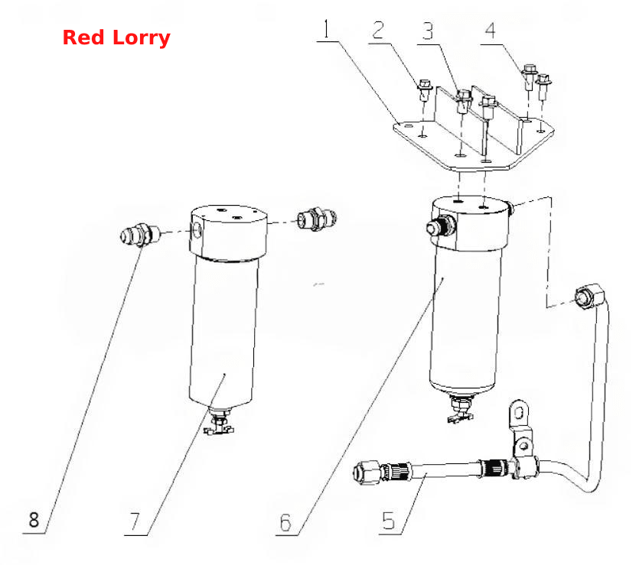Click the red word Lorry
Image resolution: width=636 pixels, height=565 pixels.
(x=141, y=38)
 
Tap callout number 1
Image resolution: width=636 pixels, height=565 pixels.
(x=327, y=28)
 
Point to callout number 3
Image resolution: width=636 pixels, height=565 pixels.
(x=428, y=31)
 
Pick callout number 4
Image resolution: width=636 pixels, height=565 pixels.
(x=491, y=31)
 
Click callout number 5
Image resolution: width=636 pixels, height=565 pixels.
(x=388, y=521)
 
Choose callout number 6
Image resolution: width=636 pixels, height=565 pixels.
(x=285, y=522)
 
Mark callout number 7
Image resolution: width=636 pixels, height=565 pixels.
(x=135, y=521)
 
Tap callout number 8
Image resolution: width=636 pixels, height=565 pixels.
(x=34, y=520)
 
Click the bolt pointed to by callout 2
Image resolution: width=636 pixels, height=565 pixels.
(x=425, y=90)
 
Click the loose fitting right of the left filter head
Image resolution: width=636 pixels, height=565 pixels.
(x=317, y=219)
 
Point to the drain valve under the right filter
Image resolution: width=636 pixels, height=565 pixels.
(x=461, y=409)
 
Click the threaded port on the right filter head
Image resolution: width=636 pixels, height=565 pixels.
(x=441, y=226)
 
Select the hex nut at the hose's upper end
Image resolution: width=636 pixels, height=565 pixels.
(x=586, y=297)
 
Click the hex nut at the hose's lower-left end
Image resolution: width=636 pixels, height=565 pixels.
(x=367, y=472)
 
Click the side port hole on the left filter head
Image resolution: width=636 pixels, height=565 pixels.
(x=197, y=230)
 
